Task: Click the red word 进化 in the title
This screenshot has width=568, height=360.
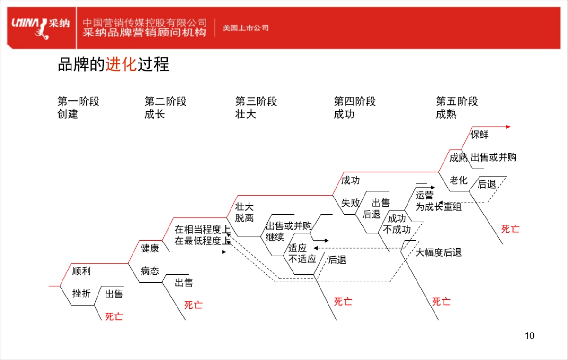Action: pos(121,64)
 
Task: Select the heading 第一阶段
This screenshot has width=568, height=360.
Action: pos(79,101)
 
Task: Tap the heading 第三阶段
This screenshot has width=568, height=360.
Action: pos(256,101)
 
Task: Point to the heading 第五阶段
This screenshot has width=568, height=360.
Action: pos(457,101)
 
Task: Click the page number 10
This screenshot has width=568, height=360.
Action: pos(530,336)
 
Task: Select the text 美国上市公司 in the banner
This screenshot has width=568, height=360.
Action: pos(246,28)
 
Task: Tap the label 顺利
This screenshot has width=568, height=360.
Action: pos(81,271)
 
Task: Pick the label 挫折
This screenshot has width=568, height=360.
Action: pos(81,294)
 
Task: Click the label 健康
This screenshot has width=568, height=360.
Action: pos(150,248)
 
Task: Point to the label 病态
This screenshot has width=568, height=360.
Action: pos(150,271)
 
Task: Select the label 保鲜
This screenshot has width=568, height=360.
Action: pos(479,135)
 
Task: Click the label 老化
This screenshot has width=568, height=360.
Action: pos(458,180)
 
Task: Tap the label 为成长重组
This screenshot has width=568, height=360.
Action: pos(438,207)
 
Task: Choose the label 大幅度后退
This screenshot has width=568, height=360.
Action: pos(438,252)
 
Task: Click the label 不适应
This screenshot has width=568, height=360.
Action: pos(302,259)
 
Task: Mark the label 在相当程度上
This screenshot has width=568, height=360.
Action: pos(202,230)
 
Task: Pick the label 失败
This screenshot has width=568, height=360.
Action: pos(351,203)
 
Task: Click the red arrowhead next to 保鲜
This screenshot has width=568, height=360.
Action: pos(508,127)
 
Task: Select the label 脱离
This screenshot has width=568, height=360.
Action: pos(244,218)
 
